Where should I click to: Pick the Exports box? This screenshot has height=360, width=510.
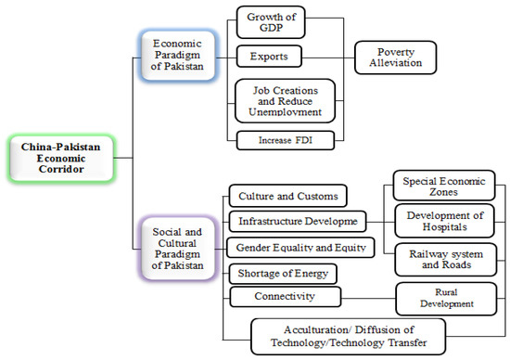click(269, 57)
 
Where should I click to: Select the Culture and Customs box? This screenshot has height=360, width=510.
click(287, 197)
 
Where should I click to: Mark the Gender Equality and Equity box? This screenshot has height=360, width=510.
click(300, 247)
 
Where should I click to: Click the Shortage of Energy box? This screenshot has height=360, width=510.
click(282, 273)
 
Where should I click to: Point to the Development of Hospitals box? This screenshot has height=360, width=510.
click(440, 222)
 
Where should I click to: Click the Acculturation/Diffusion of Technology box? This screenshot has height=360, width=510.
click(348, 335)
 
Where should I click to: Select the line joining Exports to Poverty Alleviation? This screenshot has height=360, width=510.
click(329, 58)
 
